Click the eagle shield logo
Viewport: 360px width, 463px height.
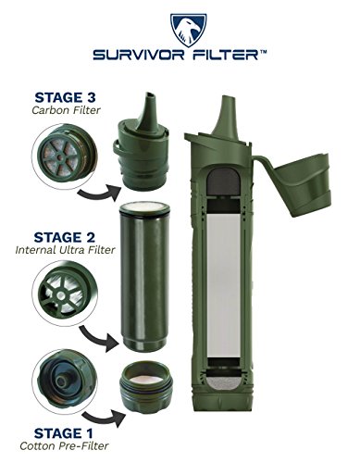[189, 30]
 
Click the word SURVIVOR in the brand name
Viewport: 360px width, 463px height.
[139, 56]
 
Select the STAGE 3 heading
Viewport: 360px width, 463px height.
[65, 97]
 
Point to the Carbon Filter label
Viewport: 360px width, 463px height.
[66, 110]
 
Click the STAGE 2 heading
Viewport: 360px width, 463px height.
[65, 237]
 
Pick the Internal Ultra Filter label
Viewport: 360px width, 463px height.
[65, 250]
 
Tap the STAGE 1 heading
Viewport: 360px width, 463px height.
[63, 433]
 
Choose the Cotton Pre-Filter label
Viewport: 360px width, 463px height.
[64, 446]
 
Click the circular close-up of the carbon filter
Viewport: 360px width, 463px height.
[64, 156]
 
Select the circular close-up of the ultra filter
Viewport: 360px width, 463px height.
[65, 294]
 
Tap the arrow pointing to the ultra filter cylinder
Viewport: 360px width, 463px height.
[98, 338]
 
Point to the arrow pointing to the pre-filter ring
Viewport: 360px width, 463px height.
[104, 418]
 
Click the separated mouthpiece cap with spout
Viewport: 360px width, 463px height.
[142, 144]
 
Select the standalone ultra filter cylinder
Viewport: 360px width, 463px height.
[144, 277]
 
